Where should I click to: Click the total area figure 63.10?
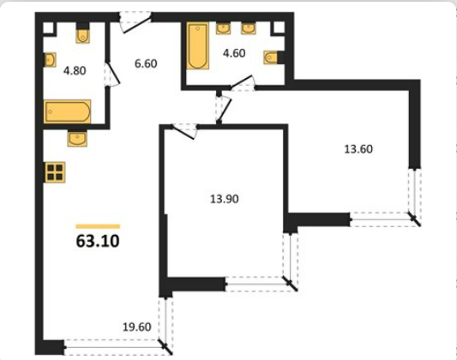[x=98, y=241]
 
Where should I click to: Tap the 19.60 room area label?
[x=136, y=327]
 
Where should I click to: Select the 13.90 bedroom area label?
[x=225, y=199]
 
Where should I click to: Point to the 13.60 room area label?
[x=358, y=149]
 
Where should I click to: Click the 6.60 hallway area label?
[x=146, y=63]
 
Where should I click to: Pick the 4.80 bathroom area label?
[x=75, y=71]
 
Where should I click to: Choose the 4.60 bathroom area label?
[x=234, y=53]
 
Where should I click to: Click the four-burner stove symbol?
[x=55, y=172]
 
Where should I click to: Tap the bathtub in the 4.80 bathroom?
[x=68, y=111]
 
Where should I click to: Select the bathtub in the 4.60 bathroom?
[x=197, y=45]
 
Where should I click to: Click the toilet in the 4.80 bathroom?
[x=83, y=33]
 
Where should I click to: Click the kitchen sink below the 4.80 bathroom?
[x=77, y=138]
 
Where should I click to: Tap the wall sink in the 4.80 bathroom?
[x=50, y=60]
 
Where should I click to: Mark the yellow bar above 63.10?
[x=98, y=226]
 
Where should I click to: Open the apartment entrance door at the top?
[x=136, y=23]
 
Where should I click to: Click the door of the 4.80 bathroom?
[x=113, y=74]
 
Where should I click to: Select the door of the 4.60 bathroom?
[x=243, y=83]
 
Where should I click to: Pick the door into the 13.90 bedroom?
[x=183, y=131]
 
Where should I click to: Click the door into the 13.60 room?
[x=224, y=109]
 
